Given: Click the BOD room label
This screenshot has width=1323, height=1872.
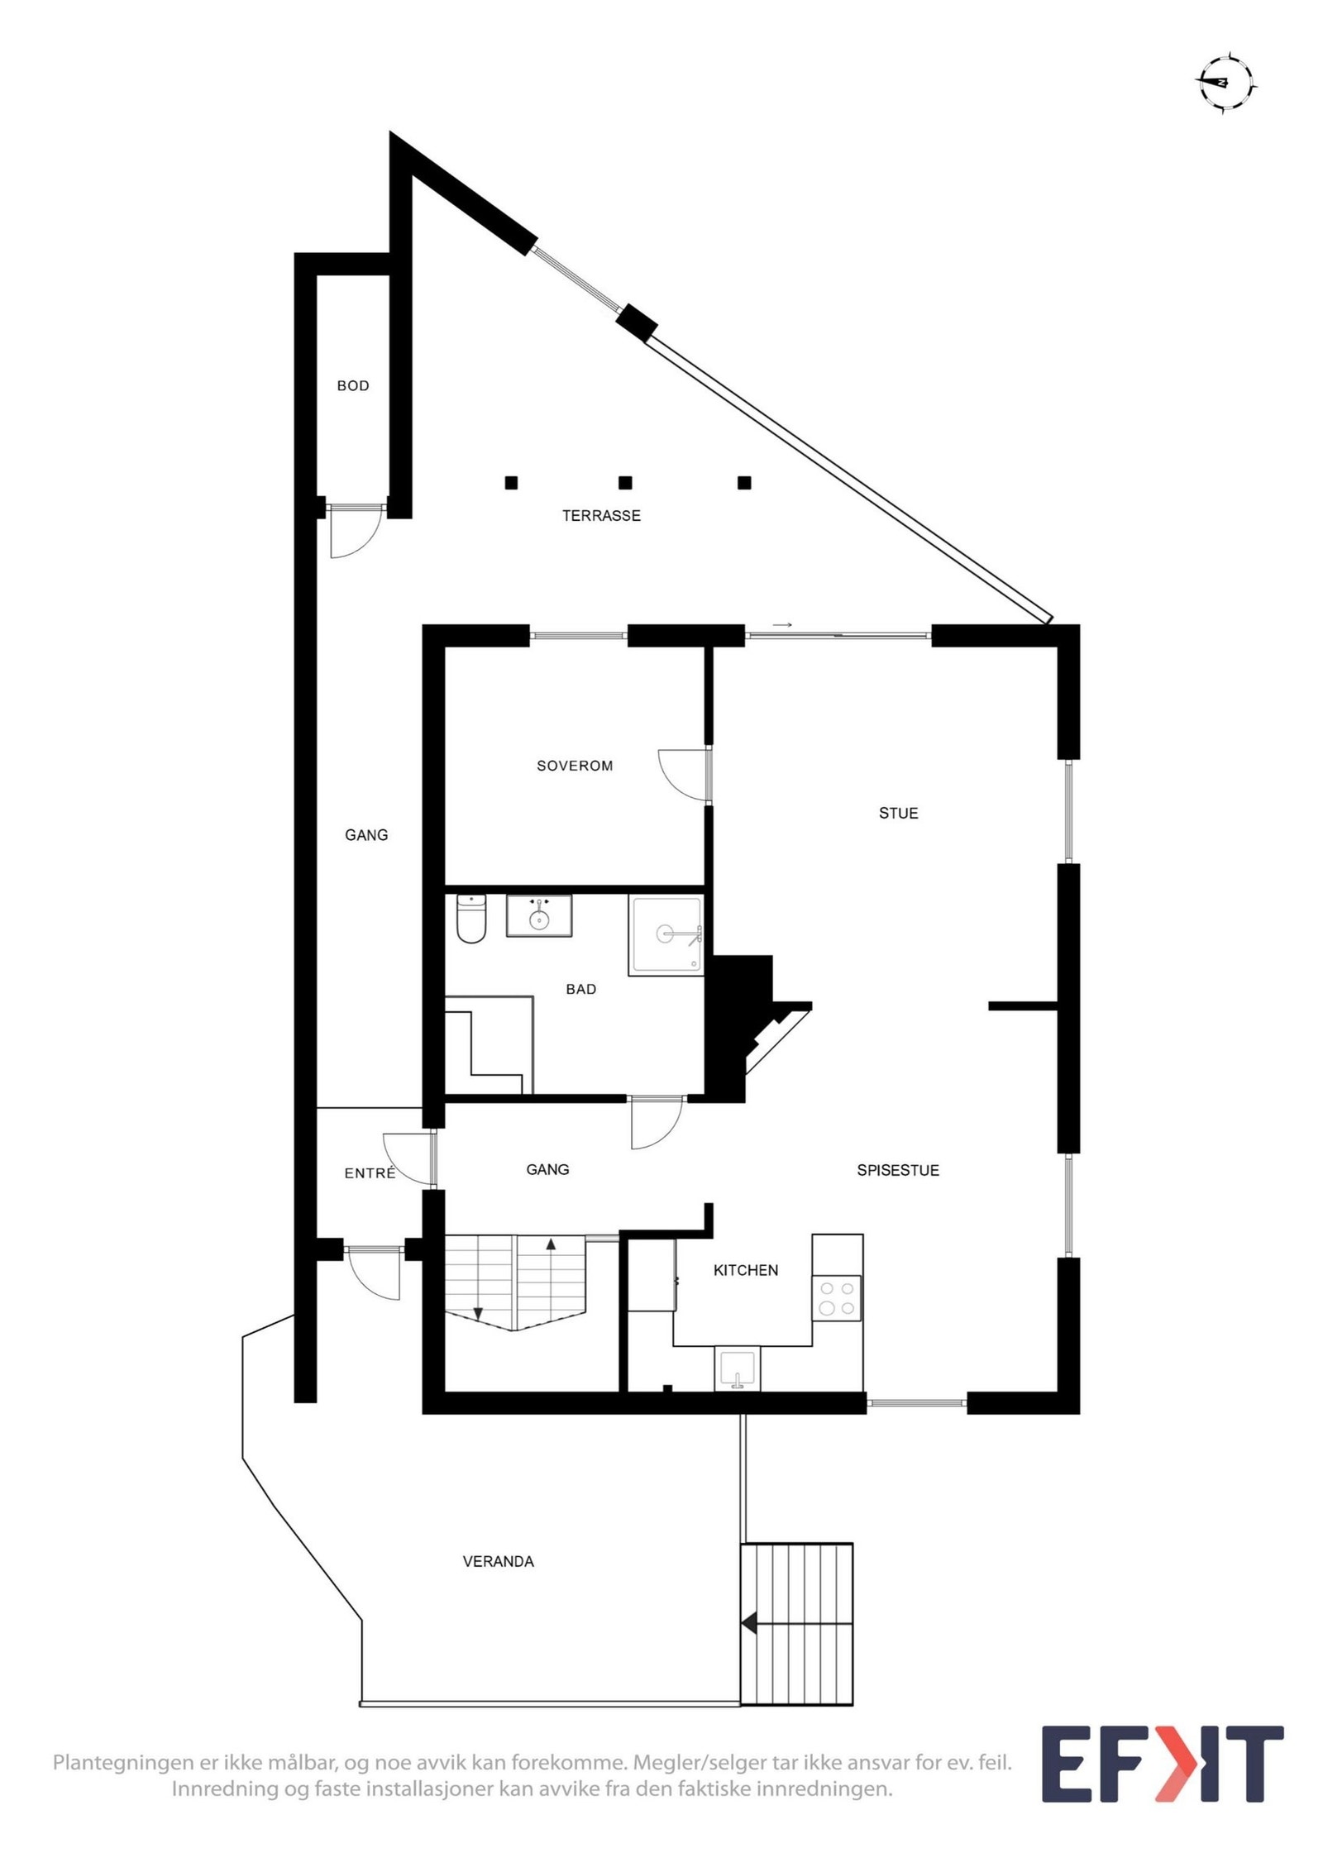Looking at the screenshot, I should point(352,385).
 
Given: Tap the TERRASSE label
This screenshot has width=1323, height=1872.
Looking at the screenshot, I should point(601,515).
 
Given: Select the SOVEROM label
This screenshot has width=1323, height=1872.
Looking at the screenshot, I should point(575,766).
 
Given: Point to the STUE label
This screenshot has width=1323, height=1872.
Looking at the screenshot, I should point(898,813).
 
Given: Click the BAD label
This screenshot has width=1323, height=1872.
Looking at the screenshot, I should point(580,989).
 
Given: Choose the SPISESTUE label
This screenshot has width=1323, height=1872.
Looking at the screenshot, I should point(897,1170).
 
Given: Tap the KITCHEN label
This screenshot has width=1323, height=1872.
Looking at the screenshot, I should point(745,1270).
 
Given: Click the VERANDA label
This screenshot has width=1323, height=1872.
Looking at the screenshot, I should point(498,1561).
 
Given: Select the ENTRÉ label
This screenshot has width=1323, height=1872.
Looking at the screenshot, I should point(370,1172).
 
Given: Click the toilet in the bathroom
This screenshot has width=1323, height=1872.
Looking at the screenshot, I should point(471,919).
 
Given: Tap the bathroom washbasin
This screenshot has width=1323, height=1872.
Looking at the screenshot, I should point(539,916).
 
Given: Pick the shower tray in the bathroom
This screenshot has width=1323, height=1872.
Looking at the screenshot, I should point(666,934).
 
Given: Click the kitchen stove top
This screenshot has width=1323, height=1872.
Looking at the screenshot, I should point(836,1297).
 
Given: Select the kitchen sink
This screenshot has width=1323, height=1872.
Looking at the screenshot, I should point(737,1368).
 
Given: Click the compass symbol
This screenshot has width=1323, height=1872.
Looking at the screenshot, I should point(1225,82).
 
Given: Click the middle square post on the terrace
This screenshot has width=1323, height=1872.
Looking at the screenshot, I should point(625,483).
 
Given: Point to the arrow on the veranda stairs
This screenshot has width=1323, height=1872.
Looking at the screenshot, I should point(749,1623).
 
